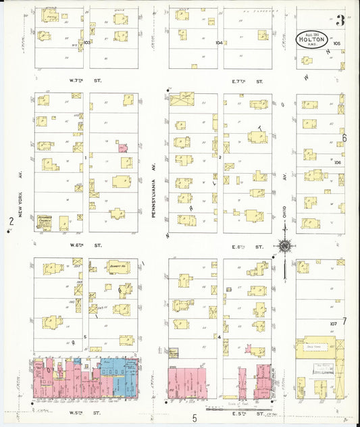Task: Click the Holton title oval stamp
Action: pyautogui.click(x=312, y=39)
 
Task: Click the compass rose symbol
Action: pyautogui.click(x=285, y=247)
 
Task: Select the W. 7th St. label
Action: pyautogui.click(x=80, y=80)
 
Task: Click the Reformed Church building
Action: pyautogui.click(x=45, y=220)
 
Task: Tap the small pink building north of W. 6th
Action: pyautogui.click(x=122, y=147)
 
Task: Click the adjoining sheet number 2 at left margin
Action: pyautogui.click(x=10, y=221)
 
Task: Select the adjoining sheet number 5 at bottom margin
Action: pyautogui.click(x=194, y=418)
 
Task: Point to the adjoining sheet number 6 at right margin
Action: pyautogui.click(x=344, y=138)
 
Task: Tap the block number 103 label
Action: pyautogui.click(x=86, y=42)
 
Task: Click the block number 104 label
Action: pyautogui.click(x=218, y=42)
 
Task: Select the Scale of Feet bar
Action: pyautogui.click(x=223, y=408)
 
